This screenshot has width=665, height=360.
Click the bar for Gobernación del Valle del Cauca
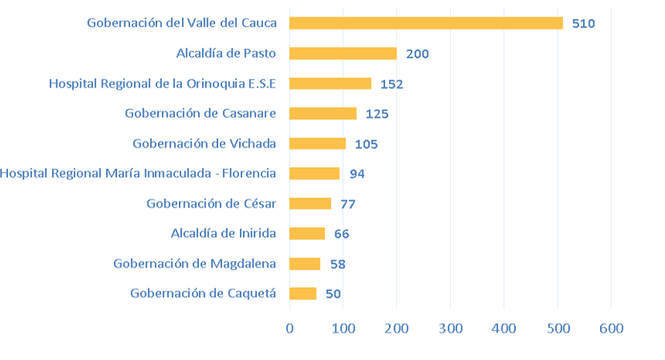[426, 23]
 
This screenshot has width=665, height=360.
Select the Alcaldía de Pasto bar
[343, 54]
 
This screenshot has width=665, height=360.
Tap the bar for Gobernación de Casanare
[322, 113]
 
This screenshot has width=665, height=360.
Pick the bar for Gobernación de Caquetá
[302, 293]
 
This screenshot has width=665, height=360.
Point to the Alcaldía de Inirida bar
[306, 233]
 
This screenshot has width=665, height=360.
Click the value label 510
[583, 24]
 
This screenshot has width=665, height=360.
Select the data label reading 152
[391, 84]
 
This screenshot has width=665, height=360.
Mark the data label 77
[348, 204]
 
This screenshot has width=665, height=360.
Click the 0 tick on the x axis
[290, 328]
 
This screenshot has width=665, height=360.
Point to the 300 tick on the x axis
[450, 328]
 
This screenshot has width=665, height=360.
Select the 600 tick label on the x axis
[611, 328]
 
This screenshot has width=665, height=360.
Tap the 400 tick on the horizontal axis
[504, 328]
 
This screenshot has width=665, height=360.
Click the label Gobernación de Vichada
[205, 144]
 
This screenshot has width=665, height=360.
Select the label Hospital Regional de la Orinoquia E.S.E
[162, 83]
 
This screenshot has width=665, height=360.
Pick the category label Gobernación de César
[211, 204]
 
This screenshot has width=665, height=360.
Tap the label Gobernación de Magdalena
[195, 264]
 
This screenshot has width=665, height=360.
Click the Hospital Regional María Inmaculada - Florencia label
[138, 173]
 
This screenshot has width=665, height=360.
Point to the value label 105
[366, 144]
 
